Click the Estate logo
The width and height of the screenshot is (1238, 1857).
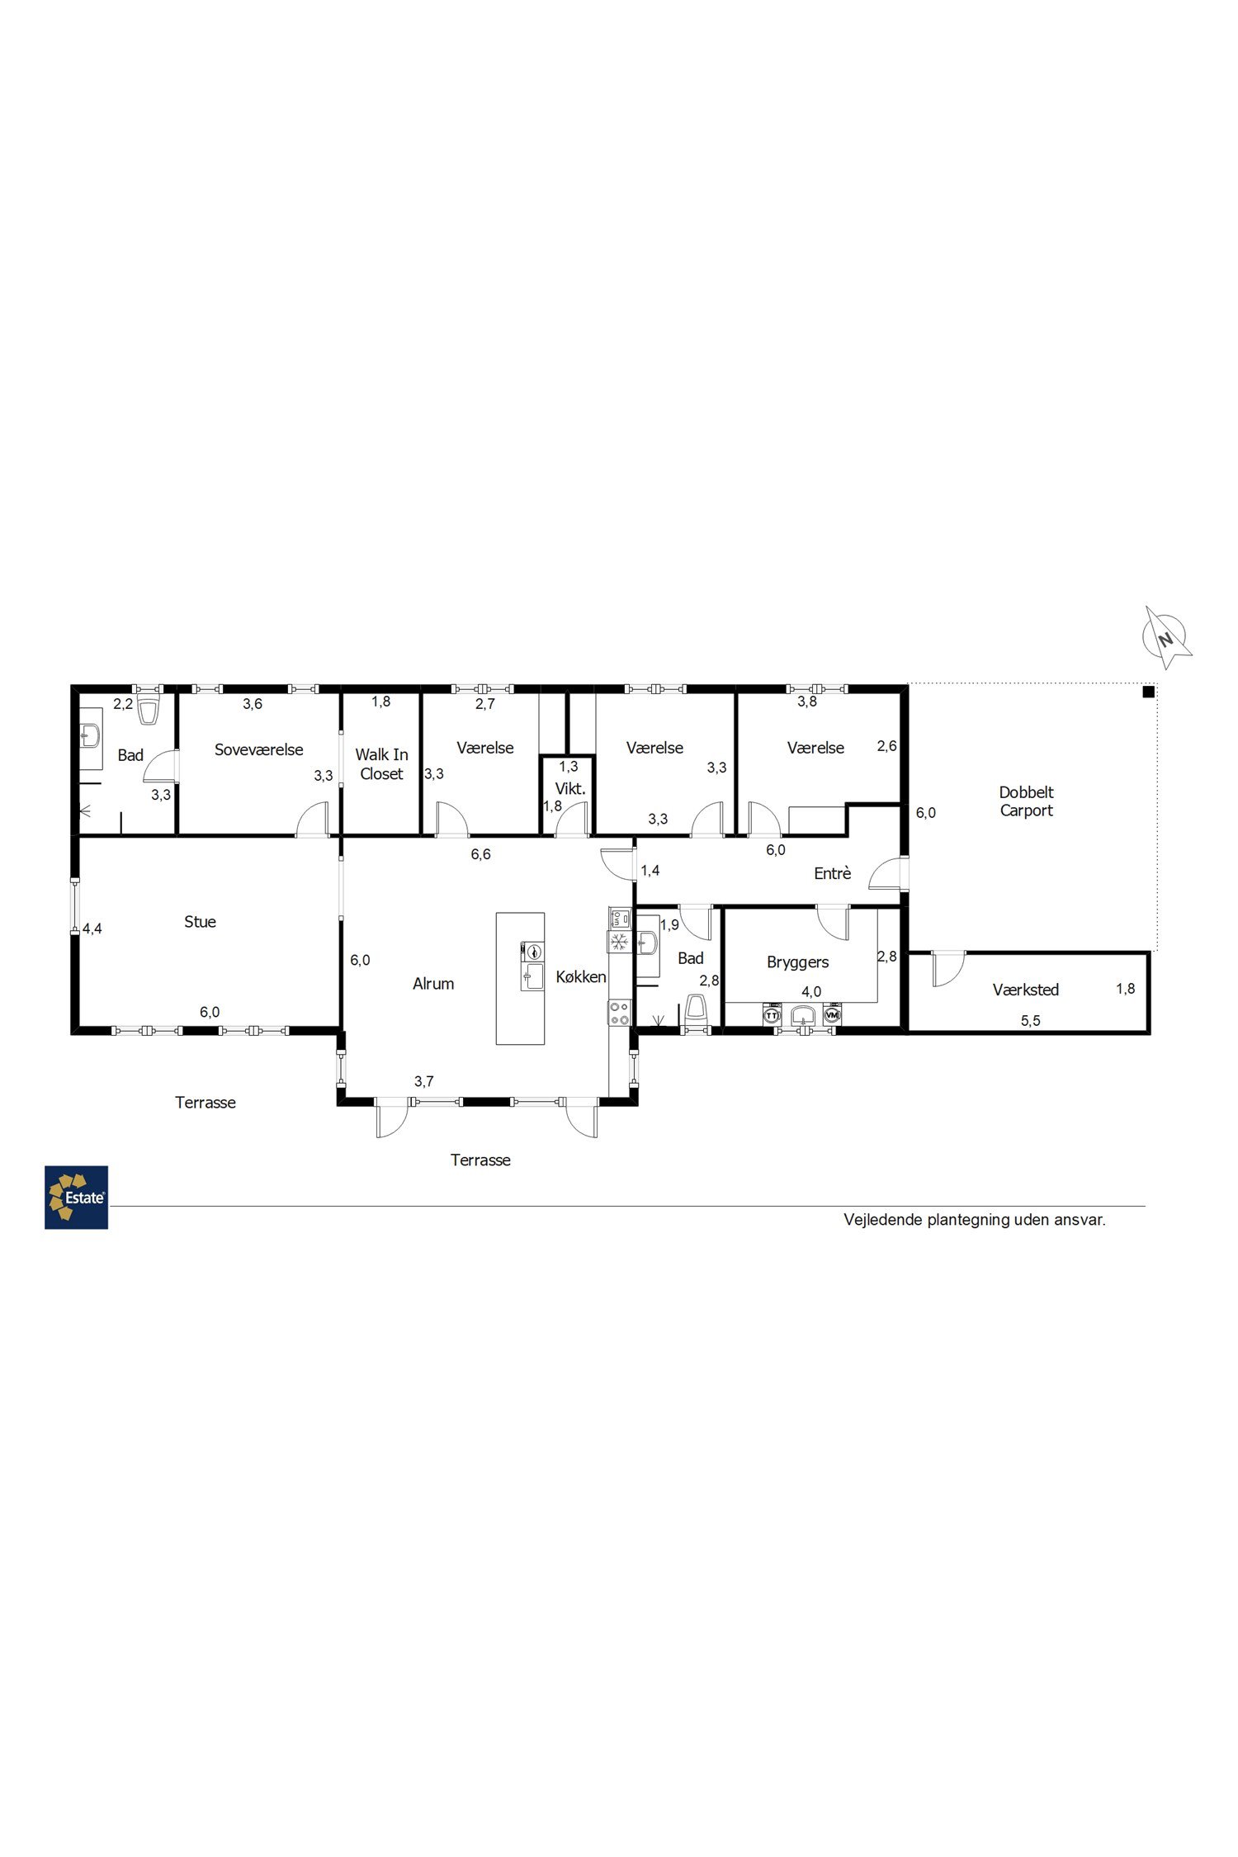tap(76, 1197)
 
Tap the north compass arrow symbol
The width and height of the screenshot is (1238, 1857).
tap(1166, 638)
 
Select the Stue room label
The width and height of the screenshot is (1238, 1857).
tap(200, 922)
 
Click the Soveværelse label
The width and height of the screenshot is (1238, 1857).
tap(258, 749)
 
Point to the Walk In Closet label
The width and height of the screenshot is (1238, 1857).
tap(381, 764)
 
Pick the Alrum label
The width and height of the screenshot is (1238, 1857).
tap(433, 984)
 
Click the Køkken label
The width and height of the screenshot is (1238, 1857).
tap(581, 977)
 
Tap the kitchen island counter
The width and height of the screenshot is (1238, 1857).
tap(520, 978)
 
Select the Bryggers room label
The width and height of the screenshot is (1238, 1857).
tap(797, 962)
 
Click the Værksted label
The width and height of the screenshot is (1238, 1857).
tap(1026, 990)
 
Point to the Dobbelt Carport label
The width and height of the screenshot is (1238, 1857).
tap(1027, 801)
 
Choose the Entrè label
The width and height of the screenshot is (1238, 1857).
tap(832, 873)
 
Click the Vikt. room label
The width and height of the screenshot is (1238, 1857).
tap(570, 789)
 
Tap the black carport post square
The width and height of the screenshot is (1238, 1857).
tap(1148, 692)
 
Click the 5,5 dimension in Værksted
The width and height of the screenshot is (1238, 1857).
tap(1031, 1021)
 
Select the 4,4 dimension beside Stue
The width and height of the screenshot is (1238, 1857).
tap(92, 928)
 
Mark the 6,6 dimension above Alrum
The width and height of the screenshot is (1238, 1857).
tap(480, 854)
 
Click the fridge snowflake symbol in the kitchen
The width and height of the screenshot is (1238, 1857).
tap(619, 940)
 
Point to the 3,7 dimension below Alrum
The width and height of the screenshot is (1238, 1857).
tap(424, 1081)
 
